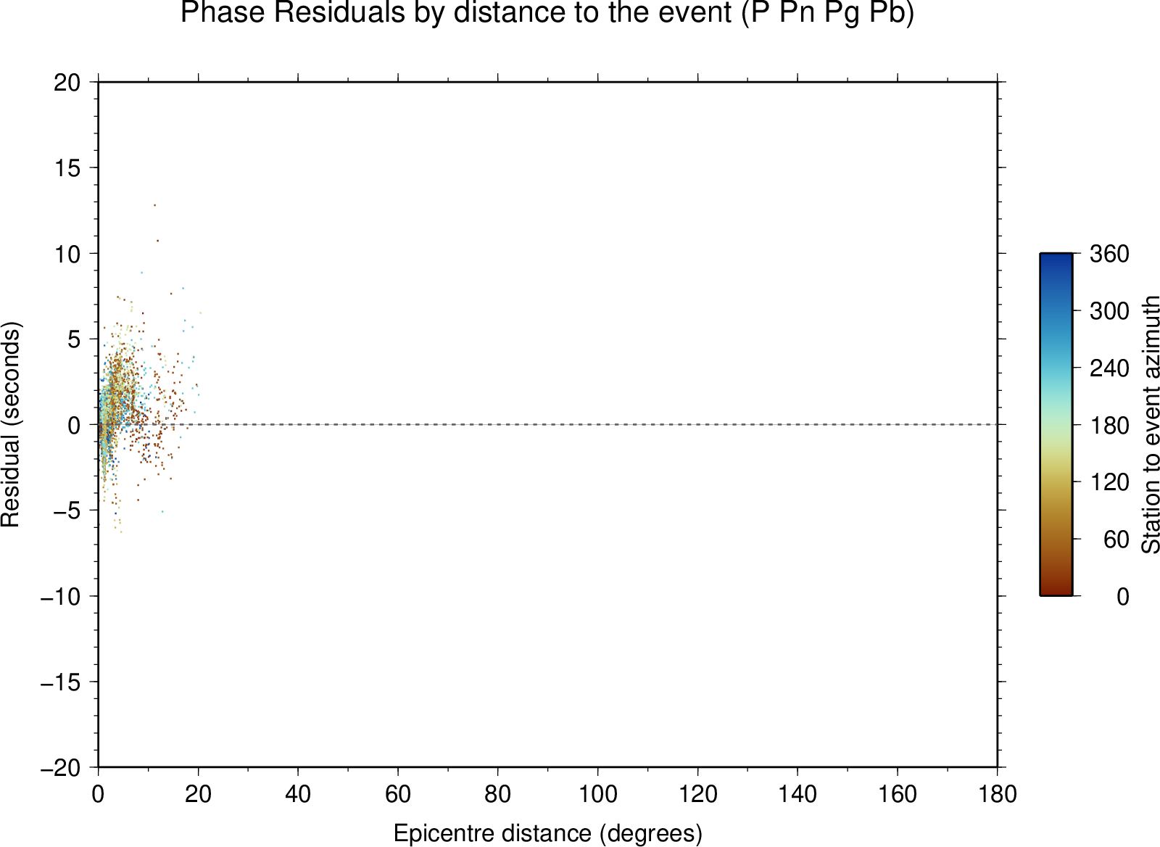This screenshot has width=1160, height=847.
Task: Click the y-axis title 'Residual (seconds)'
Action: pyautogui.click(x=10, y=424)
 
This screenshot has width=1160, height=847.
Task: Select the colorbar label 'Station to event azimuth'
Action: pyautogui.click(x=1150, y=424)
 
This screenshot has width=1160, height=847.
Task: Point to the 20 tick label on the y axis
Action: pyautogui.click(x=67, y=83)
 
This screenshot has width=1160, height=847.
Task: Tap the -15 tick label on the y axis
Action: pyautogui.click(x=61, y=682)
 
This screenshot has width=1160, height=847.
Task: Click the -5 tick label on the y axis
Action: pyautogui.click(x=67, y=511)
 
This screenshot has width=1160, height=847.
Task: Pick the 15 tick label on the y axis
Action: pyautogui.click(x=67, y=168)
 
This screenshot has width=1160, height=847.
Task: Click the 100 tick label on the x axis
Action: pyautogui.click(x=597, y=794)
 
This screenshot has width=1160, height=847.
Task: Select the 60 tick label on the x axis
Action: pyautogui.click(x=398, y=794)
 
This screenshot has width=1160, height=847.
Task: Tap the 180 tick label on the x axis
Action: pyautogui.click(x=998, y=794)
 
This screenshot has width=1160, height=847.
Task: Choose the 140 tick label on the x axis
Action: pyautogui.click(x=797, y=794)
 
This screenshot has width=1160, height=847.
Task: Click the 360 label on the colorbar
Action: pyautogui.click(x=1109, y=254)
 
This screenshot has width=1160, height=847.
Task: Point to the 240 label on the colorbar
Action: pyautogui.click(x=1109, y=368)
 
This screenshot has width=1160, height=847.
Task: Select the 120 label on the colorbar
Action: pyautogui.click(x=1109, y=482)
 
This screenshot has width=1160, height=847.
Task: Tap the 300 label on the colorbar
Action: pyautogui.click(x=1109, y=311)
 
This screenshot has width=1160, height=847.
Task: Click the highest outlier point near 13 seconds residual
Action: pyautogui.click(x=154, y=205)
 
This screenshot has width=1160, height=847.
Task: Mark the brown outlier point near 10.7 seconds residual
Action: pyautogui.click(x=157, y=240)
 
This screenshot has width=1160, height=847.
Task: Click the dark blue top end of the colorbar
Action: pyautogui.click(x=1056, y=254)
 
